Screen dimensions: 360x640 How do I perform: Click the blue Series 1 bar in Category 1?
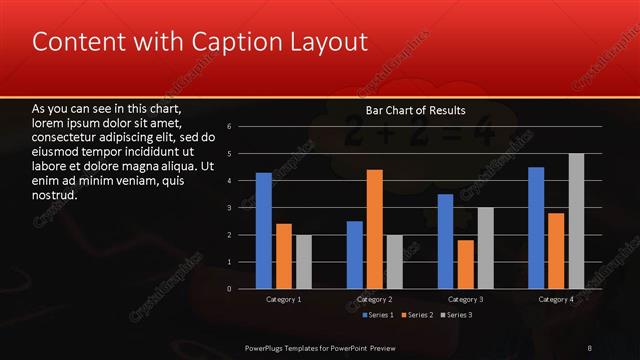(264, 230)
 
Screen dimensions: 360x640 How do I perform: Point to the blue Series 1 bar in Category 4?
(536, 227)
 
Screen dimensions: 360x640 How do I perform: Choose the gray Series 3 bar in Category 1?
(304, 262)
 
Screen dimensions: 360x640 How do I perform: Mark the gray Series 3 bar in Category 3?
(487, 248)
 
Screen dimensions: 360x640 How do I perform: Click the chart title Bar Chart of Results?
(416, 109)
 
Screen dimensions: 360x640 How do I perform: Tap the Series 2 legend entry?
(419, 315)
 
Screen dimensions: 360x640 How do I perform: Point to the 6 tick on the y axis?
(230, 127)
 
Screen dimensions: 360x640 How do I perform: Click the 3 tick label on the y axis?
(230, 208)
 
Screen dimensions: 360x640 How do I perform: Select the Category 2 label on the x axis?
(375, 299)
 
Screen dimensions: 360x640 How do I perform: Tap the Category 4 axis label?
(556, 299)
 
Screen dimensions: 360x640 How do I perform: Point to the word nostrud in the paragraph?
(55, 195)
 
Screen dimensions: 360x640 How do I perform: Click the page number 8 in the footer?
(590, 347)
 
